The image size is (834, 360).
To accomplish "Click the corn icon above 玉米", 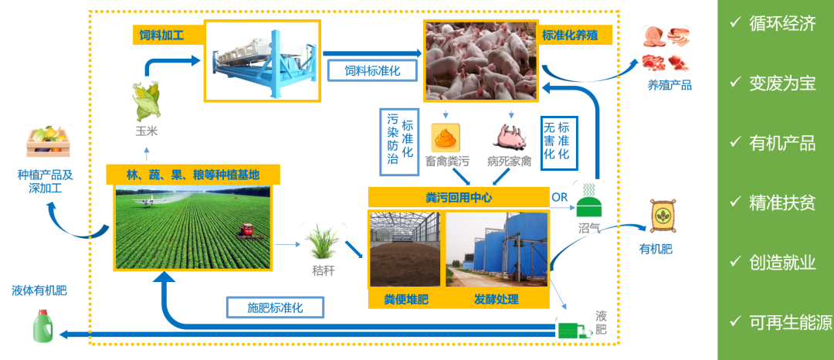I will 146,101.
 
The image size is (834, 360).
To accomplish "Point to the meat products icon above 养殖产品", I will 666,49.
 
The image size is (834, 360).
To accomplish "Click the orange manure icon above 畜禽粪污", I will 446,138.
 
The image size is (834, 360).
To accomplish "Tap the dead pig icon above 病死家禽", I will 509,138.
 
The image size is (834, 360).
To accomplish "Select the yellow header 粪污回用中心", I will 459,197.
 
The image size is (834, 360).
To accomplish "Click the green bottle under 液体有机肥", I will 42,324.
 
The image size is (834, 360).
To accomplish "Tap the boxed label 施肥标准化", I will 275,307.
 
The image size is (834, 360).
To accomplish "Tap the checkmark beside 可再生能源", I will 735,322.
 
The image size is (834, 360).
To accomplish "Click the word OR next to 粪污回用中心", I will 560,197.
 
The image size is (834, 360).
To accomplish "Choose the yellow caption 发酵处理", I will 496,298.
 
